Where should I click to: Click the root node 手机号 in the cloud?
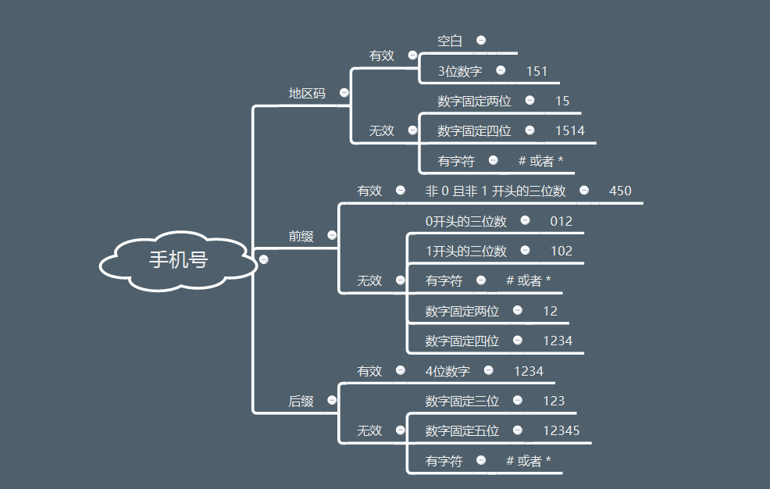pos(178,260)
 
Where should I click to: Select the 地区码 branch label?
pos(307,93)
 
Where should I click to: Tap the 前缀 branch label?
pos(301,236)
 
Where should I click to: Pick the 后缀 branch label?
pos(301,402)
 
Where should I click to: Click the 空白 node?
pos(450,41)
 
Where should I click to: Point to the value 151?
pos(537,72)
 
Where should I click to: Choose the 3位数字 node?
pos(459,72)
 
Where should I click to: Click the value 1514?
pos(569,131)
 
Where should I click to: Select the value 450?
pos(620,191)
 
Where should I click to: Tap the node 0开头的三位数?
pos(465,222)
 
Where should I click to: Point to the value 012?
pos(561,222)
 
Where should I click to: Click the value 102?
pos(561,252)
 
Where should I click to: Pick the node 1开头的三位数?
pos(465,252)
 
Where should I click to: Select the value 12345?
pos(561,431)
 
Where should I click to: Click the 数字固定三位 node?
pos(462,402)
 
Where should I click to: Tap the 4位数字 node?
pos(447,372)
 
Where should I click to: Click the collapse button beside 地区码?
pos(344,93)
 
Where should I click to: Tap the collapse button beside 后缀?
pos(332,400)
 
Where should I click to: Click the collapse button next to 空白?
pos(481,40)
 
